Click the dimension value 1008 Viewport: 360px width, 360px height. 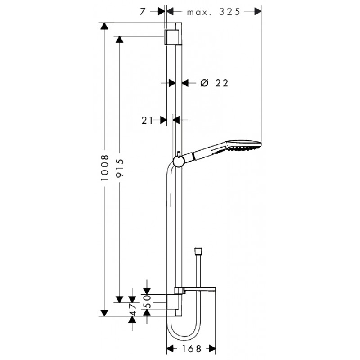click(x=104, y=167)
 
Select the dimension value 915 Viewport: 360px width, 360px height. click(x=120, y=168)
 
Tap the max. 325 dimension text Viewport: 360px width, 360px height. click(x=214, y=12)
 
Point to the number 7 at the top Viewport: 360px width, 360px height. click(x=143, y=12)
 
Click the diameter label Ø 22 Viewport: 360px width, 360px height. click(x=214, y=83)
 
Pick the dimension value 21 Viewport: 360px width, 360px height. click(x=147, y=120)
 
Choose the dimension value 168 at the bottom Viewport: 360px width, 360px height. click(x=192, y=349)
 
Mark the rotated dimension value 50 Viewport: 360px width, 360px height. click(x=147, y=301)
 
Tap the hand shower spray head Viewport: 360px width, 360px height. click(x=243, y=145)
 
